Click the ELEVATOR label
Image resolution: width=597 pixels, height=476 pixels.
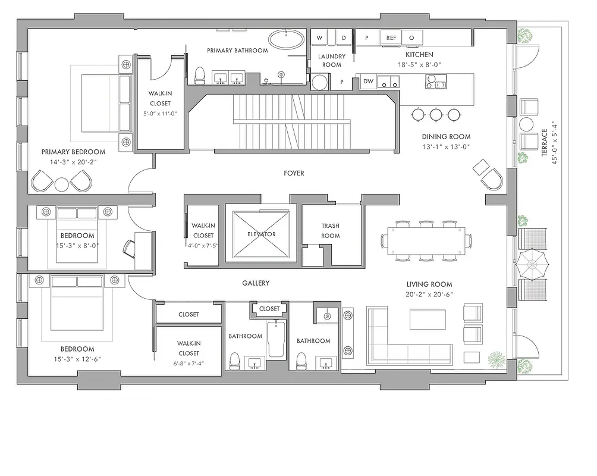click(x=262, y=234)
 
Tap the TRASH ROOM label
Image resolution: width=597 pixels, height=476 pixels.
click(x=331, y=231)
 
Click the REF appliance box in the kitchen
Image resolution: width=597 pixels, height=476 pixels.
click(x=391, y=37)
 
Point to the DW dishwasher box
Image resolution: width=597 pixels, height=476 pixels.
click(x=368, y=82)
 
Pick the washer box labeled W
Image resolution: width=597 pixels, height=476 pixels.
click(x=319, y=37)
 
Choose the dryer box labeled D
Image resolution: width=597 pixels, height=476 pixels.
click(x=343, y=37)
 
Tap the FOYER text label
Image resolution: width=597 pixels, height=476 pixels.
click(x=294, y=173)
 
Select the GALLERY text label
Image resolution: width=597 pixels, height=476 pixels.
click(x=256, y=283)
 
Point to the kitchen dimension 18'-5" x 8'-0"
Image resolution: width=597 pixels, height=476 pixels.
click(x=419, y=64)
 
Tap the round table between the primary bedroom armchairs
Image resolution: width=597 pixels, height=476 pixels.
click(x=62, y=184)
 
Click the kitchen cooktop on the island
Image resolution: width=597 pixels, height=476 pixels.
click(x=436, y=82)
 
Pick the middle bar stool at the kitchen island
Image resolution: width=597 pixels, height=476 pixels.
click(x=436, y=114)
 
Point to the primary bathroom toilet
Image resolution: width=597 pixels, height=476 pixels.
click(x=200, y=74)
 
